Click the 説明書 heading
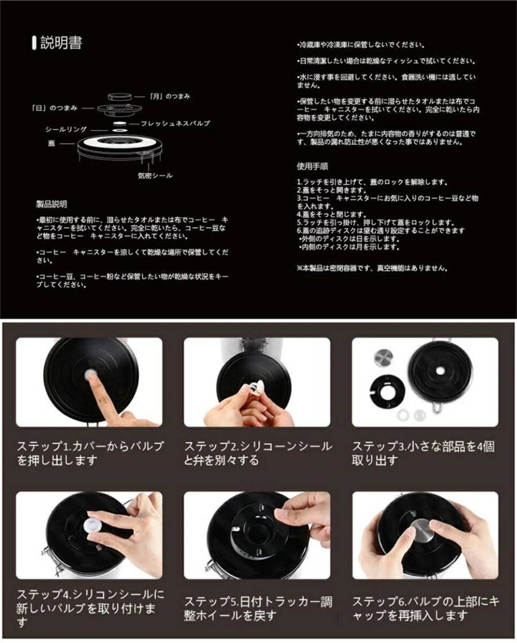pyautogui.click(x=61, y=43)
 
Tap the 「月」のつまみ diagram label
pyautogui.click(x=169, y=96)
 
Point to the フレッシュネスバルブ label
pyautogui.click(x=175, y=123)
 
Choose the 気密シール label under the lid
pyautogui.click(x=154, y=175)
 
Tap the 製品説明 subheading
pyautogui.click(x=51, y=204)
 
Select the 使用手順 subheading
pyautogui.click(x=313, y=166)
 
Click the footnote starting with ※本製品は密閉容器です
pyautogui.click(x=372, y=268)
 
